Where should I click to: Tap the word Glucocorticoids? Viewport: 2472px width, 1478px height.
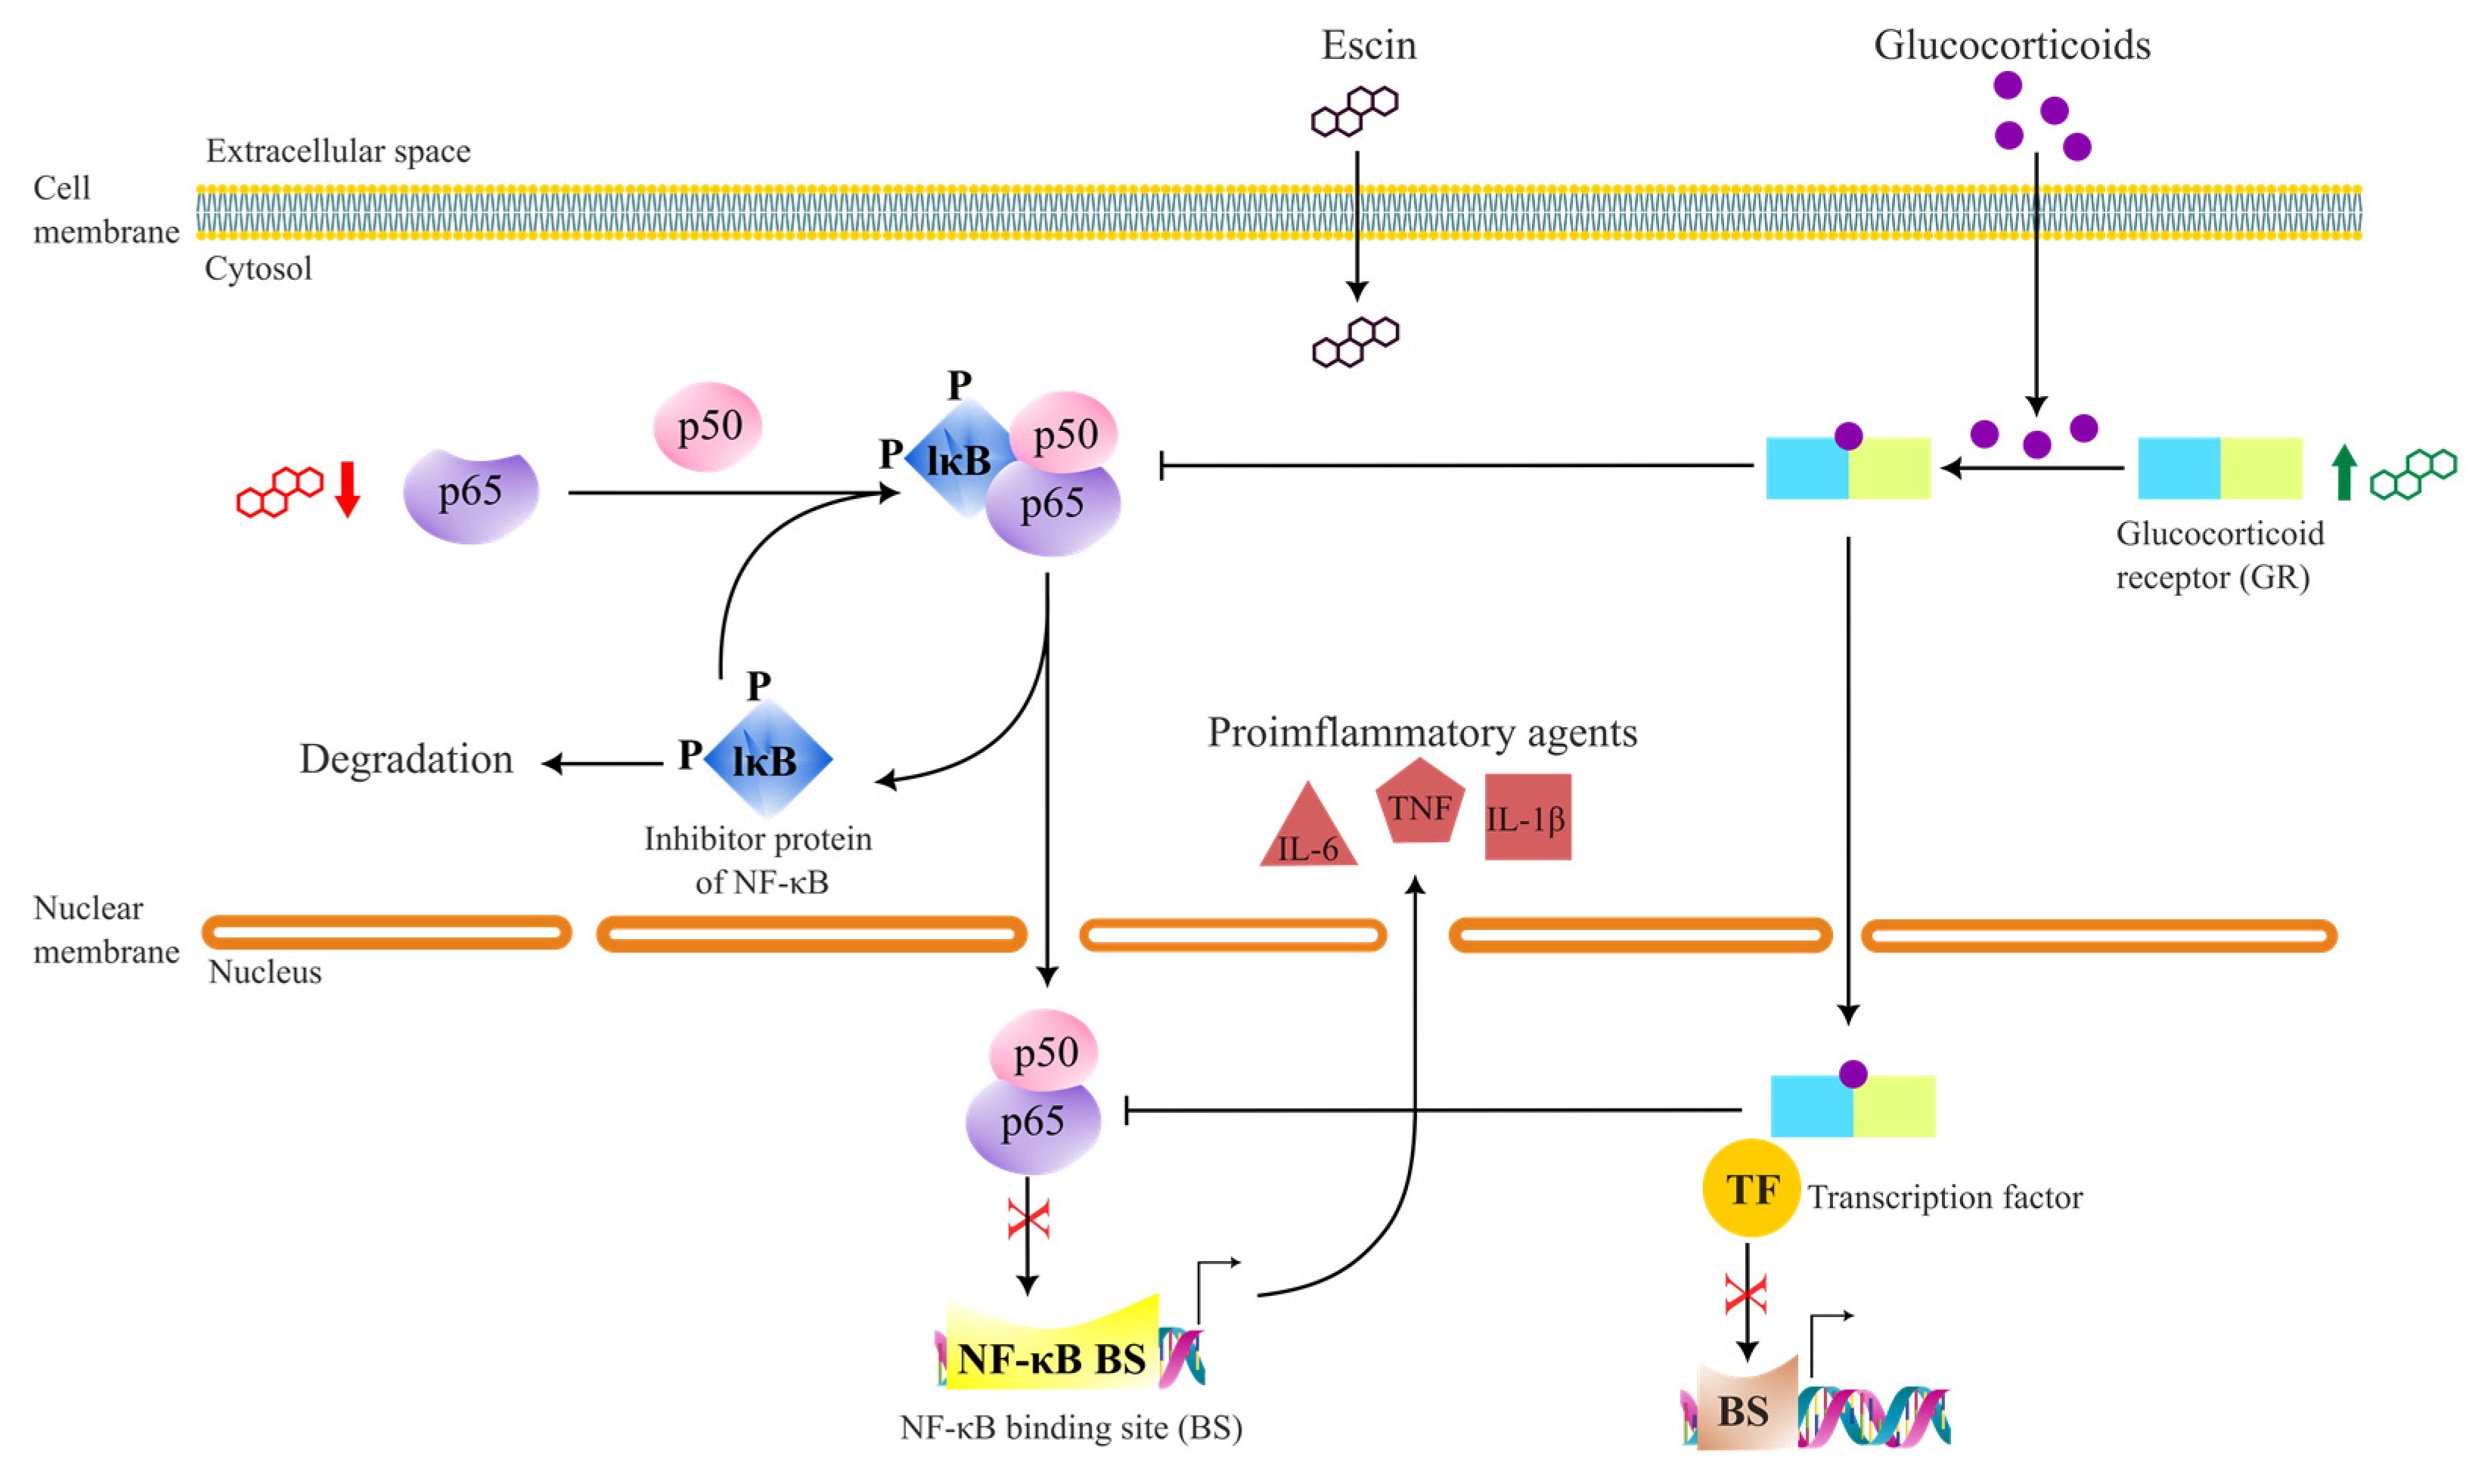[2012, 45]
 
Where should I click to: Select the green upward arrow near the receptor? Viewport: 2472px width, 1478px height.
[2344, 472]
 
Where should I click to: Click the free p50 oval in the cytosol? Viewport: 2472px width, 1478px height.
[707, 426]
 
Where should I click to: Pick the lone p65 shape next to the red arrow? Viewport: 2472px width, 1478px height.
[471, 495]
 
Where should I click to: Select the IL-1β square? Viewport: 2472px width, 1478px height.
[1527, 816]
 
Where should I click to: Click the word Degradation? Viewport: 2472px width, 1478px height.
[406, 760]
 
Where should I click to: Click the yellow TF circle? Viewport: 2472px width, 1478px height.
[1751, 1188]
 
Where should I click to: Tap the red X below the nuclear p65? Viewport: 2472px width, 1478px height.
[1028, 1218]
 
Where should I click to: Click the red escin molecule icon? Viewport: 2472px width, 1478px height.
[280, 491]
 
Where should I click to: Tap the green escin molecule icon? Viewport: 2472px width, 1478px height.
[2413, 474]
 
